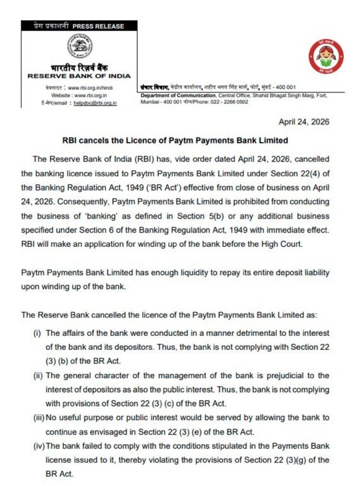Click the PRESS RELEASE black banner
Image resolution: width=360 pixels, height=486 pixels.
pyautogui.click(x=79, y=26)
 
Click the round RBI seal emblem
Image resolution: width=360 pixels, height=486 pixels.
pyautogui.click(x=79, y=47)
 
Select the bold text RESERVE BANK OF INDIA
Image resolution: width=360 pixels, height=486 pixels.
pyautogui.click(x=79, y=76)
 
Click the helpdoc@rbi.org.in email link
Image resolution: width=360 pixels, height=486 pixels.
pyautogui.click(x=95, y=103)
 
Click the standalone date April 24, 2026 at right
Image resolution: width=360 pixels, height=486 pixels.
pyautogui.click(x=304, y=122)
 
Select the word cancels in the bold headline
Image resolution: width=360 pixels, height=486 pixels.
pyautogui.click(x=92, y=141)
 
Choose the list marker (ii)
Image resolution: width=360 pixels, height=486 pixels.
pyautogui.click(x=38, y=375)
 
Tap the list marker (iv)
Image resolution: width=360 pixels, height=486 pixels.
pyautogui.click(x=38, y=446)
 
